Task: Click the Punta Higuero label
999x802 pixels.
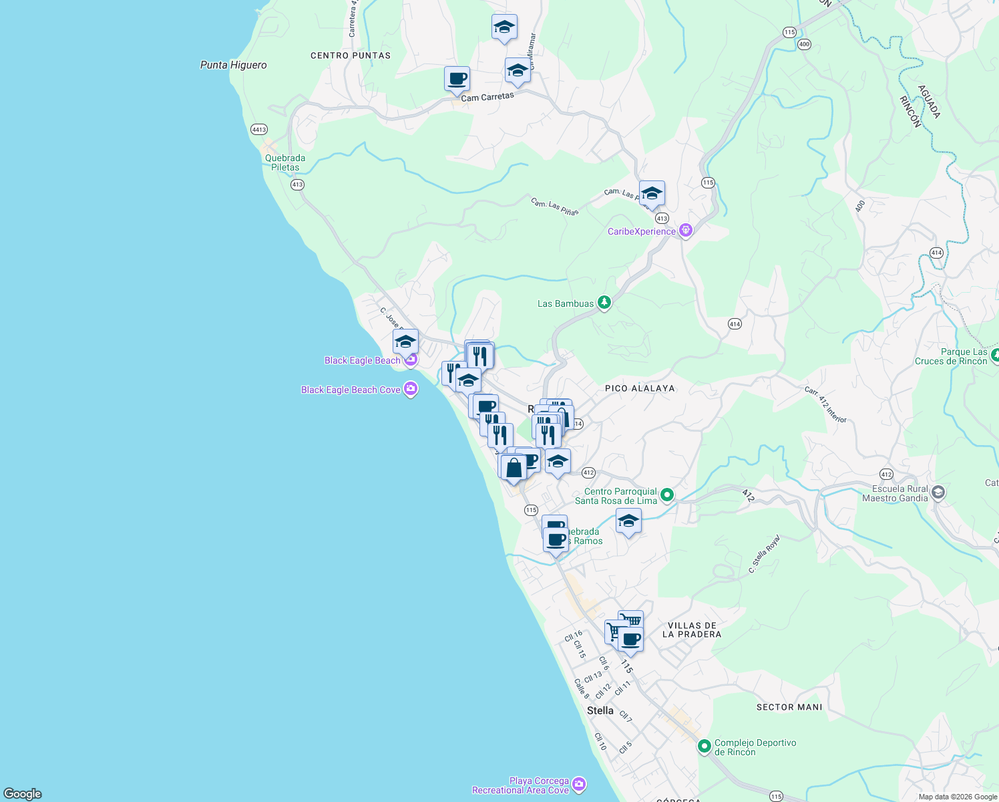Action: [234, 65]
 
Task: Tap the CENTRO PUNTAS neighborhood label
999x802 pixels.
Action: [351, 55]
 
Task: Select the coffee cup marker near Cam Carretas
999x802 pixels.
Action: [457, 79]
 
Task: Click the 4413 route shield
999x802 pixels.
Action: [259, 130]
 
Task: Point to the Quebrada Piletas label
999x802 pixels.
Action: [285, 163]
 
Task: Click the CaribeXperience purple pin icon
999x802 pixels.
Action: [685, 231]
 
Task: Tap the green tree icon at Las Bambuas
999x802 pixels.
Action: [604, 303]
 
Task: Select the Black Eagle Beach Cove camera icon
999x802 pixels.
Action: [411, 389]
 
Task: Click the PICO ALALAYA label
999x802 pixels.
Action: [640, 388]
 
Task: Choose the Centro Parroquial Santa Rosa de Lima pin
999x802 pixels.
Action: [666, 495]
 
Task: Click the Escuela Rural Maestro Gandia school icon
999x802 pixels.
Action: [938, 493]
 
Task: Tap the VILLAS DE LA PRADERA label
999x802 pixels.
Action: [692, 630]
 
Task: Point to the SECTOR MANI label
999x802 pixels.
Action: [789, 707]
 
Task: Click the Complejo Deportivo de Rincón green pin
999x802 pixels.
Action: [704, 746]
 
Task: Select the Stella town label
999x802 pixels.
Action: [600, 710]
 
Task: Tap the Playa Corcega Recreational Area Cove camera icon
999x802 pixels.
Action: [579, 783]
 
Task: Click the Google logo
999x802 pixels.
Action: [23, 793]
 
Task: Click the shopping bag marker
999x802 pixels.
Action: [514, 467]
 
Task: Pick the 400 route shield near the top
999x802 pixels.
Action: [804, 44]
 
